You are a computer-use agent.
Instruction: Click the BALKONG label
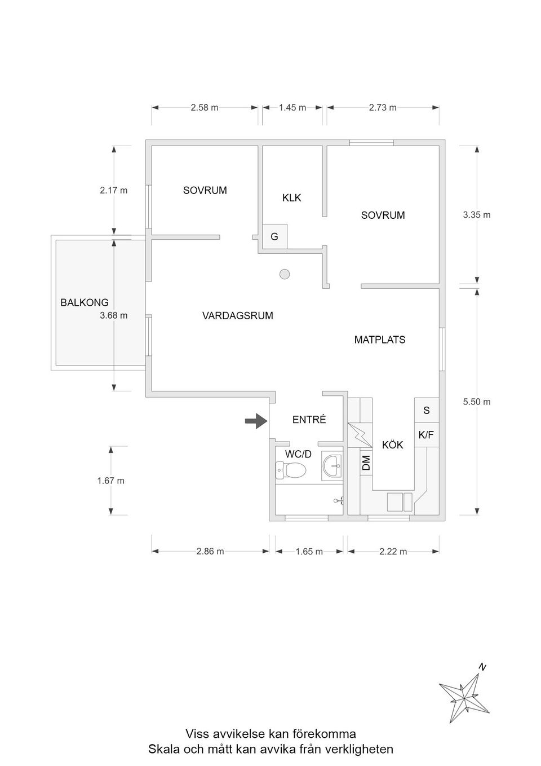click(85, 303)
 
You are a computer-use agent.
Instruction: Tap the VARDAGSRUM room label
click(237, 316)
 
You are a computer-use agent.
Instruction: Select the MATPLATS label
click(379, 340)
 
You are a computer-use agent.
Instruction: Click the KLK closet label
click(291, 198)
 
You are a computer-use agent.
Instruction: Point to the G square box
click(274, 236)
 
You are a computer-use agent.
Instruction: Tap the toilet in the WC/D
click(290, 469)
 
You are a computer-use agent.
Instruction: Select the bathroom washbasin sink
click(332, 466)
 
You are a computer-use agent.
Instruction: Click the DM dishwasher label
click(366, 463)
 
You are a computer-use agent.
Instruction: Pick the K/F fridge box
click(426, 435)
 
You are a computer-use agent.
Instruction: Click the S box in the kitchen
click(426, 411)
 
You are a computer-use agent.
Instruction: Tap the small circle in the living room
click(285, 274)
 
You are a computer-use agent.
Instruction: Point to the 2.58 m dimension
click(205, 107)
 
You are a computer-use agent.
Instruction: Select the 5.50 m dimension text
click(477, 402)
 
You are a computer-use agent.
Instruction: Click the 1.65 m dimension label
click(309, 552)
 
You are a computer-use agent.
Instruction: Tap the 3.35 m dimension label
click(477, 215)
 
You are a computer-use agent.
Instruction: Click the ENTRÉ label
click(309, 420)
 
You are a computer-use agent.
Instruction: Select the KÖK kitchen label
click(392, 445)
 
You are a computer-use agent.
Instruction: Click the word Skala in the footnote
click(163, 750)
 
